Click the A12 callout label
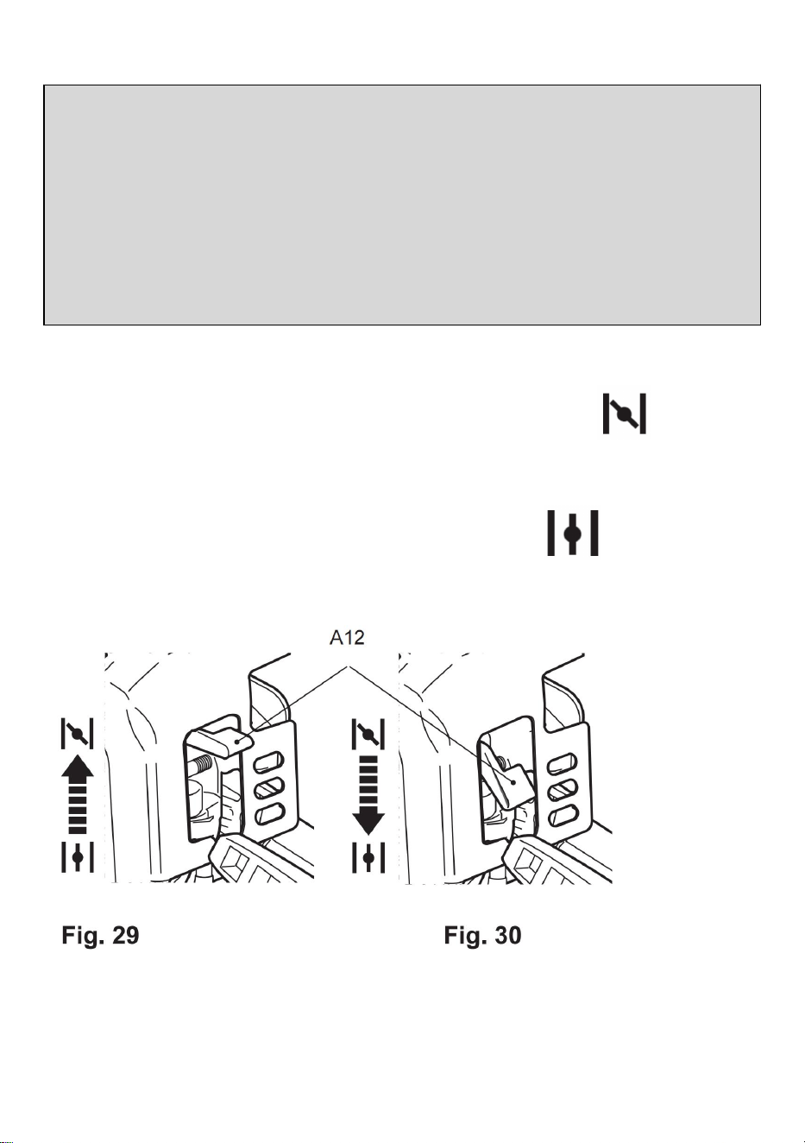pyautogui.click(x=347, y=637)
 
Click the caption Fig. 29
pyautogui.click(x=100, y=935)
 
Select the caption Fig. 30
pyautogui.click(x=482, y=935)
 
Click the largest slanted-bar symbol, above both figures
pyautogui.click(x=625, y=414)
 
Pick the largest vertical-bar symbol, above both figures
pyautogui.click(x=573, y=533)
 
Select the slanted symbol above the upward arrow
pyautogui.click(x=78, y=734)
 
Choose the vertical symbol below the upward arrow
pyautogui.click(x=78, y=857)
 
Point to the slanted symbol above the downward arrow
pyautogui.click(x=368, y=734)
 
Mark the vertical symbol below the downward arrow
pyautogui.click(x=368, y=857)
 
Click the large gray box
pyautogui.click(x=402, y=205)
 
